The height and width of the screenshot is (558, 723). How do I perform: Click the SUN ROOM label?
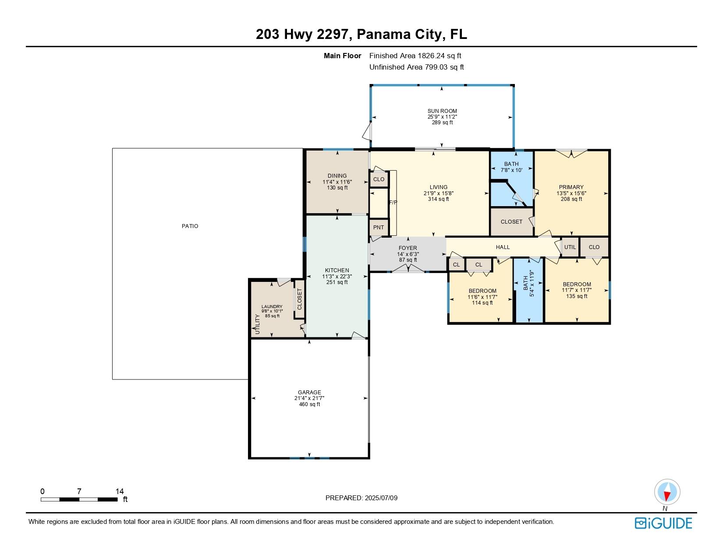pos(442,111)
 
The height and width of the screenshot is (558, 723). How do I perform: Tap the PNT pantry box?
pos(379,227)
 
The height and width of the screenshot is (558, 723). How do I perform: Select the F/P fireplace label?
pos(393,203)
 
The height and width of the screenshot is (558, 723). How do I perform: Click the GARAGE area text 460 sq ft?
pos(309,404)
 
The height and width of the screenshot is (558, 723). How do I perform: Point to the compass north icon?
pos(667,492)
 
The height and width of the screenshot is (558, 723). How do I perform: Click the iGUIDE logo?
pos(663,523)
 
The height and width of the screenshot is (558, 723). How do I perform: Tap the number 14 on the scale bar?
pos(119,491)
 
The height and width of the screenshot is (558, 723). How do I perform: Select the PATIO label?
pos(190,226)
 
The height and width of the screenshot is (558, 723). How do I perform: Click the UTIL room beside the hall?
pos(570,247)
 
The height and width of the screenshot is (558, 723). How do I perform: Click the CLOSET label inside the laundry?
pos(300,299)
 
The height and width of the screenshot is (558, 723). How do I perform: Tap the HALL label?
pos(503,247)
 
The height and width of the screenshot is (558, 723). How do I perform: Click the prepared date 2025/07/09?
pos(380,498)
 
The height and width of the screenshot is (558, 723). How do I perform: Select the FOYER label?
pos(408,248)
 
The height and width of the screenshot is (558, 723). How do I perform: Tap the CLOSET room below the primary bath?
pos(511,222)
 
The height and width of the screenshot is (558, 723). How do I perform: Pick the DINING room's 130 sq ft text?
pos(337,188)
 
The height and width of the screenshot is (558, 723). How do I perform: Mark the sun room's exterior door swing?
pos(367,131)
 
